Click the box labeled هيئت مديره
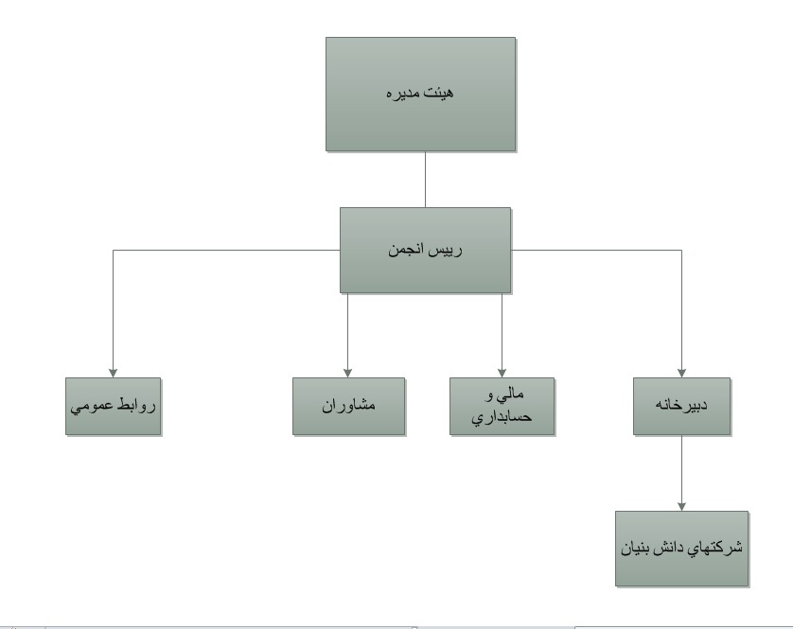[x=420, y=94]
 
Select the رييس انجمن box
[x=425, y=251]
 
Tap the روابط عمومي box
[x=113, y=406]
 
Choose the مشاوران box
[x=348, y=406]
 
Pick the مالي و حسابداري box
[x=502, y=406]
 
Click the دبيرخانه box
[x=681, y=406]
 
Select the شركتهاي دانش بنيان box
[x=681, y=549]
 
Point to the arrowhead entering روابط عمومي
[x=113, y=374]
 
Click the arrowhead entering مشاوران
[x=347, y=374]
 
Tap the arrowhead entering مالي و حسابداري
[x=502, y=374]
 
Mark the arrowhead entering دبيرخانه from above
[x=681, y=374]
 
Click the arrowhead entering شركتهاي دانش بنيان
[x=681, y=507]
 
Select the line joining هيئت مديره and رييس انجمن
[x=425, y=180]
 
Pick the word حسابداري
[x=502, y=418]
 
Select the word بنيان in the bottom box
[x=636, y=549]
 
